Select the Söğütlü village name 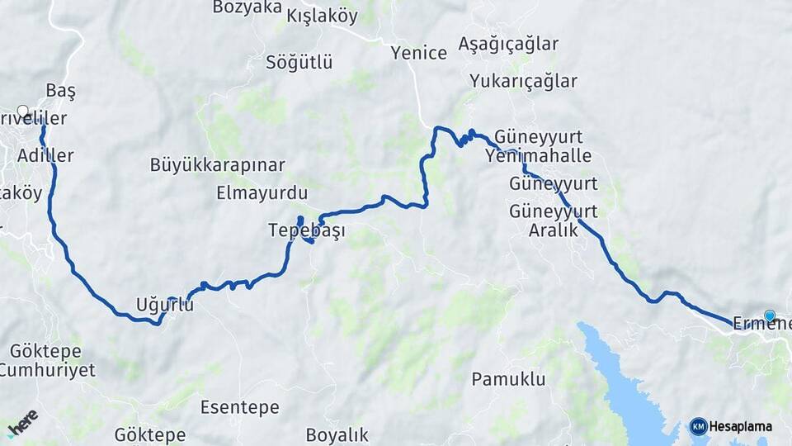tap(299, 62)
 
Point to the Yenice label tap(419, 53)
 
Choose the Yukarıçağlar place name tap(523, 81)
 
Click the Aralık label tap(553, 230)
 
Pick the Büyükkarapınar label tap(218, 164)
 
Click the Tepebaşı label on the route tap(306, 231)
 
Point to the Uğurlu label tap(165, 305)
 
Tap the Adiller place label tap(45, 155)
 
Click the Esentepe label tap(240, 407)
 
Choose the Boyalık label tap(337, 434)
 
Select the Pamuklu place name tap(509, 380)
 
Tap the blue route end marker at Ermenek tap(770, 316)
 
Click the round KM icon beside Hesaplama tap(698, 427)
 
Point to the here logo tap(22, 423)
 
